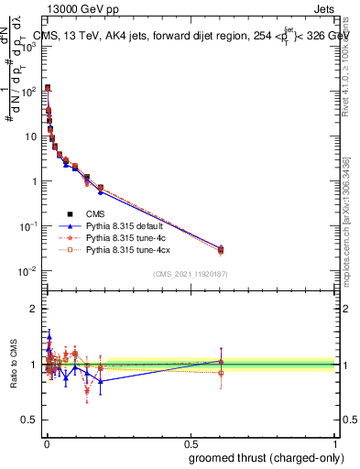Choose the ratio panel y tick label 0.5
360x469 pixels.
tap(28, 421)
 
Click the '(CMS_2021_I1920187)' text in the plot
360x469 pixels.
tap(191, 274)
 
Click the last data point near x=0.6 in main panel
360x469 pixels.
tap(221, 249)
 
